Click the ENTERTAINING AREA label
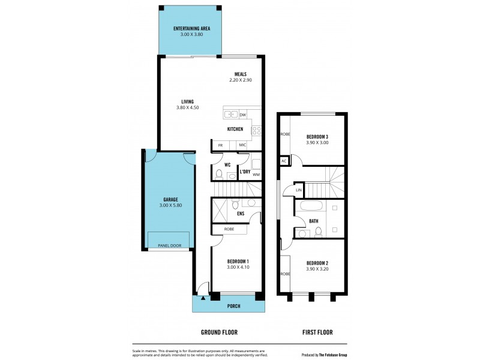191,28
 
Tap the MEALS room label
240,74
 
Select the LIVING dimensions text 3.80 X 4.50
187,107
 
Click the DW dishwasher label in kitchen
242,115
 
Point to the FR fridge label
220,145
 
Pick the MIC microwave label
242,145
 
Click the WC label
227,164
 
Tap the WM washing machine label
256,175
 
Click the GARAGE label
170,199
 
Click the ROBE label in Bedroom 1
229,229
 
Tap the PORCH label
233,306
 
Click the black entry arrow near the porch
203,296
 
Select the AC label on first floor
283,161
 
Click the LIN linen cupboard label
298,190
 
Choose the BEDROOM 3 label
317,137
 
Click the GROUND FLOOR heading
219,332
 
